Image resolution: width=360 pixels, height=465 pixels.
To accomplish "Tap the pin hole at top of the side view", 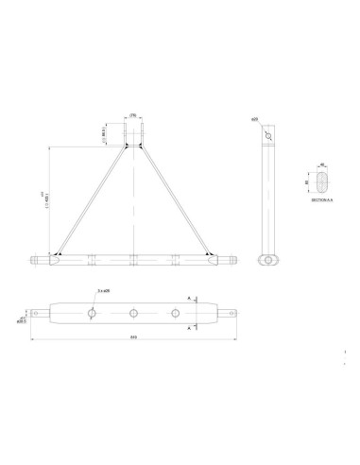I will click(x=271, y=134).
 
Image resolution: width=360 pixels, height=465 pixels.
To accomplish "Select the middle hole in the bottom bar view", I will click(x=133, y=310).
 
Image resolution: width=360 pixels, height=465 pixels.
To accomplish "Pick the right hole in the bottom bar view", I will click(x=175, y=310).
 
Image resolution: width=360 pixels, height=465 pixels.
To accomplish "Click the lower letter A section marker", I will click(x=193, y=327).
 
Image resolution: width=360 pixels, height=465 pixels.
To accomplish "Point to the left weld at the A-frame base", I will click(x=59, y=254).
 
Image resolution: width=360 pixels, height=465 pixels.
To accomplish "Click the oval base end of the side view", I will click(x=271, y=258).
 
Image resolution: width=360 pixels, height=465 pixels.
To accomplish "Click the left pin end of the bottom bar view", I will click(x=39, y=310).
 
